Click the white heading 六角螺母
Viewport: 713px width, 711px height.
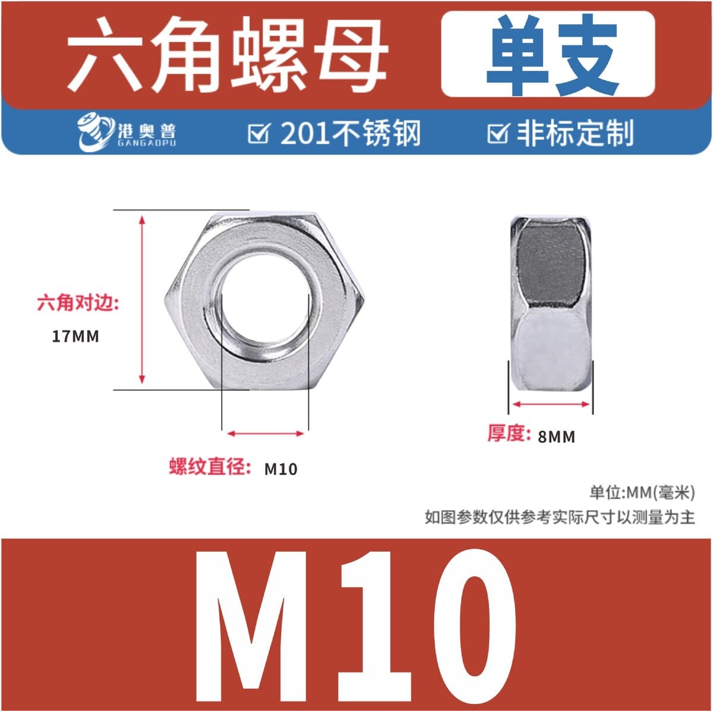click(226, 55)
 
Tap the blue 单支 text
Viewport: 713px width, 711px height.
click(551, 55)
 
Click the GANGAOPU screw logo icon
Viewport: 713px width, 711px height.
click(96, 133)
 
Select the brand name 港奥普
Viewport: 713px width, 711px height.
click(147, 130)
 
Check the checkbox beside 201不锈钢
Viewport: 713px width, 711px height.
click(258, 133)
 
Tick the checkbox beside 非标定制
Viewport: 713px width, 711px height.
click(499, 133)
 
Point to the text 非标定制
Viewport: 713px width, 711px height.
click(575, 133)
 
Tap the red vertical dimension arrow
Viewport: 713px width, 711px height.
click(142, 300)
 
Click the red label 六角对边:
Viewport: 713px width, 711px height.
click(78, 303)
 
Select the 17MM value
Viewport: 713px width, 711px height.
click(75, 336)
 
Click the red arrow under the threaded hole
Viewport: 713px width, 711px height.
click(265, 433)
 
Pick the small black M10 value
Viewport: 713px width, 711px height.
click(281, 470)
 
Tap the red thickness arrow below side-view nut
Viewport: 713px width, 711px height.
click(551, 404)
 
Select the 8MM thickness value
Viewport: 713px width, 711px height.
click(556, 437)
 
